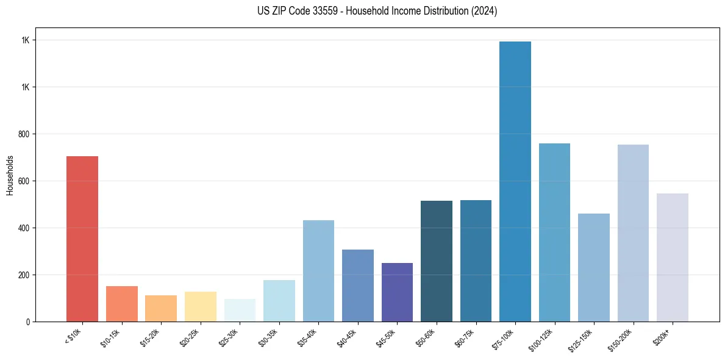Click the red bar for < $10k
pos(82,239)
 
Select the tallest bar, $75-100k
pos(515,182)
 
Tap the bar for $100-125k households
pos(554,232)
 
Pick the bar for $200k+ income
pos(673,257)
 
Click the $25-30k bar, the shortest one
pos(240,311)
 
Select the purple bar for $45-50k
pos(397,292)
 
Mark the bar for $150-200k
pos(633,233)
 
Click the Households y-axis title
pos(10,175)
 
